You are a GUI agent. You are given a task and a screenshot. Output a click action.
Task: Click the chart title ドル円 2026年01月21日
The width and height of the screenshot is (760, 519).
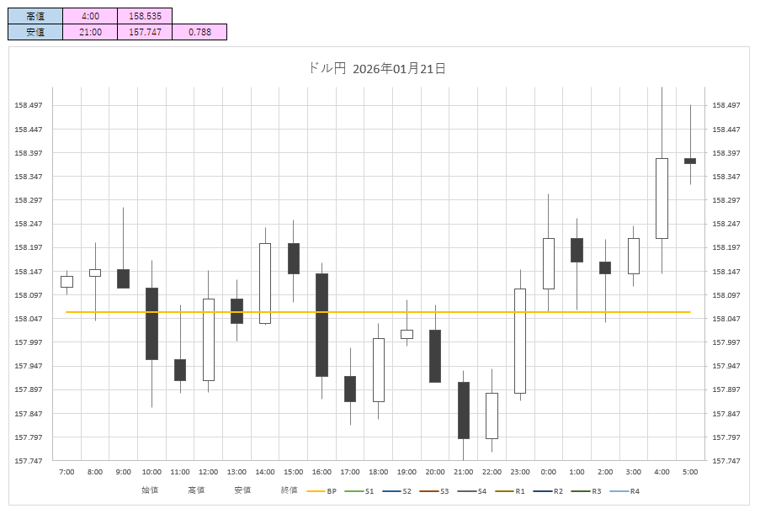tap(377, 69)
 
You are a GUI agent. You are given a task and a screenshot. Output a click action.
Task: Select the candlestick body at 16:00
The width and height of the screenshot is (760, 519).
tap(322, 325)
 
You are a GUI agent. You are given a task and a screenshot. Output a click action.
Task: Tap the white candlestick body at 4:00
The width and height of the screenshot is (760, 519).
tap(662, 199)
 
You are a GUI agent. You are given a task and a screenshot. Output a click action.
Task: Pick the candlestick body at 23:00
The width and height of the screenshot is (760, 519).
tap(520, 341)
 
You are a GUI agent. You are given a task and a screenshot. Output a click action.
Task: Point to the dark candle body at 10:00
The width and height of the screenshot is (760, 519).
tap(151, 324)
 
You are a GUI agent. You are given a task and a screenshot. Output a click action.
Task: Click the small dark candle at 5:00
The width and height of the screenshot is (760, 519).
tap(690, 161)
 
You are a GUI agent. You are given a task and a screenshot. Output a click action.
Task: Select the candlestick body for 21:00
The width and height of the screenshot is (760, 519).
tap(463, 410)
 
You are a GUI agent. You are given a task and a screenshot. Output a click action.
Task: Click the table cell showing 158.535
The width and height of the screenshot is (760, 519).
tap(145, 15)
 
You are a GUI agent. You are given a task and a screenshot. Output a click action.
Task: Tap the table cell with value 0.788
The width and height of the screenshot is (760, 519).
tap(199, 32)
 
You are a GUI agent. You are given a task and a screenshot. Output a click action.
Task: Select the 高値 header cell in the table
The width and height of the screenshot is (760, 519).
tap(35, 15)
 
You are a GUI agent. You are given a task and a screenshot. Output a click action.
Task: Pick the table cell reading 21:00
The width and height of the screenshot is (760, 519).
tap(90, 32)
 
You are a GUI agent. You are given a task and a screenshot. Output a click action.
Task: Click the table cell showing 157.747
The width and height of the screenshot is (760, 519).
tap(145, 32)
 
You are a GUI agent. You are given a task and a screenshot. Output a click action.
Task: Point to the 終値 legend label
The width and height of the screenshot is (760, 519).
tap(289, 490)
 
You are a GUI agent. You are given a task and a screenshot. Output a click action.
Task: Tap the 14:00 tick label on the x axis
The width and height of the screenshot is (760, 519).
tap(264, 472)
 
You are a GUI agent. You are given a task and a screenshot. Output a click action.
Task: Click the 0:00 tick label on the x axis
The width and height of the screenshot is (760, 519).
tap(548, 472)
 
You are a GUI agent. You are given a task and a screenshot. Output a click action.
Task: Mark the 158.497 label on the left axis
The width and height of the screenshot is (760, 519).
tap(29, 105)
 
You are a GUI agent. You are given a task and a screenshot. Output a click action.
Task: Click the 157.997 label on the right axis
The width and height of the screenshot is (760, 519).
tap(726, 342)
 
